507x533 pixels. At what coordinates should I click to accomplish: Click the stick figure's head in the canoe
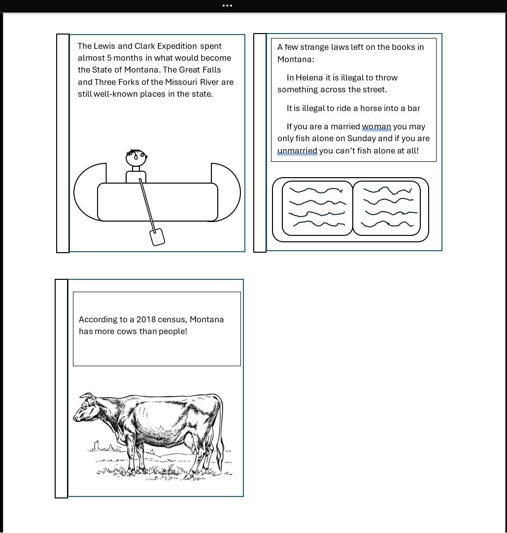(x=136, y=157)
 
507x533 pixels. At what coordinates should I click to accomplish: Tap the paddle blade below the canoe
(x=157, y=237)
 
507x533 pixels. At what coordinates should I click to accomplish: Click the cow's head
(x=85, y=408)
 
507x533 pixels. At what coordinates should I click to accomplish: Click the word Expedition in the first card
(x=177, y=46)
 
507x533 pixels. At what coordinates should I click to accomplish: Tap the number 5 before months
(x=109, y=58)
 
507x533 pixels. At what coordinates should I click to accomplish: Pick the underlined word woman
(x=376, y=127)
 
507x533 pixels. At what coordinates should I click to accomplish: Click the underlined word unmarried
(x=297, y=151)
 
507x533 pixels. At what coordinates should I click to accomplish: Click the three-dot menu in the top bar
(x=227, y=6)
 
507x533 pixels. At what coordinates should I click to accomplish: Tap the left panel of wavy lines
(x=317, y=208)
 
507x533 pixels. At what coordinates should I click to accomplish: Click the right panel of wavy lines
(x=387, y=208)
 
